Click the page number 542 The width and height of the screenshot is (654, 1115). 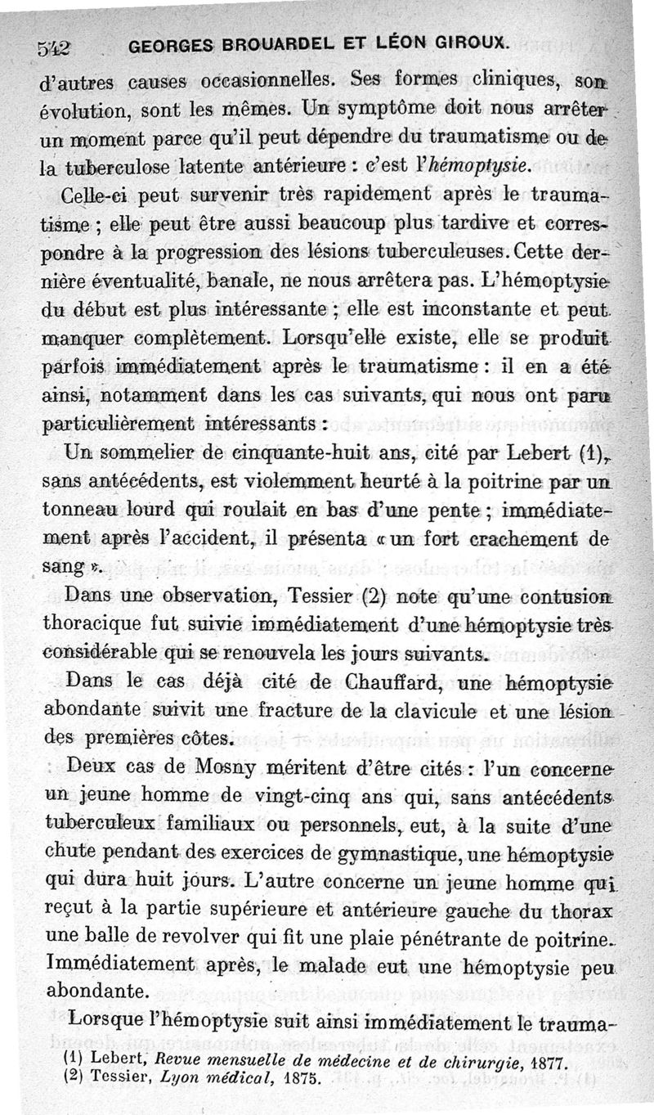(56, 47)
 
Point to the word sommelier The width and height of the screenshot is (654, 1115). (135, 450)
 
